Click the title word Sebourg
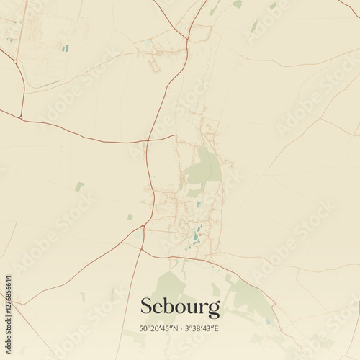(180, 307)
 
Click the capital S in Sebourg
(146, 307)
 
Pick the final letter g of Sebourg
(215, 310)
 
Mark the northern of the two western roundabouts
(15, 62)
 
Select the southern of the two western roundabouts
(21, 117)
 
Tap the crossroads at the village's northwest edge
(176, 135)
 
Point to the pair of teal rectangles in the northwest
(65, 48)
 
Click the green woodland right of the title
(248, 299)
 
